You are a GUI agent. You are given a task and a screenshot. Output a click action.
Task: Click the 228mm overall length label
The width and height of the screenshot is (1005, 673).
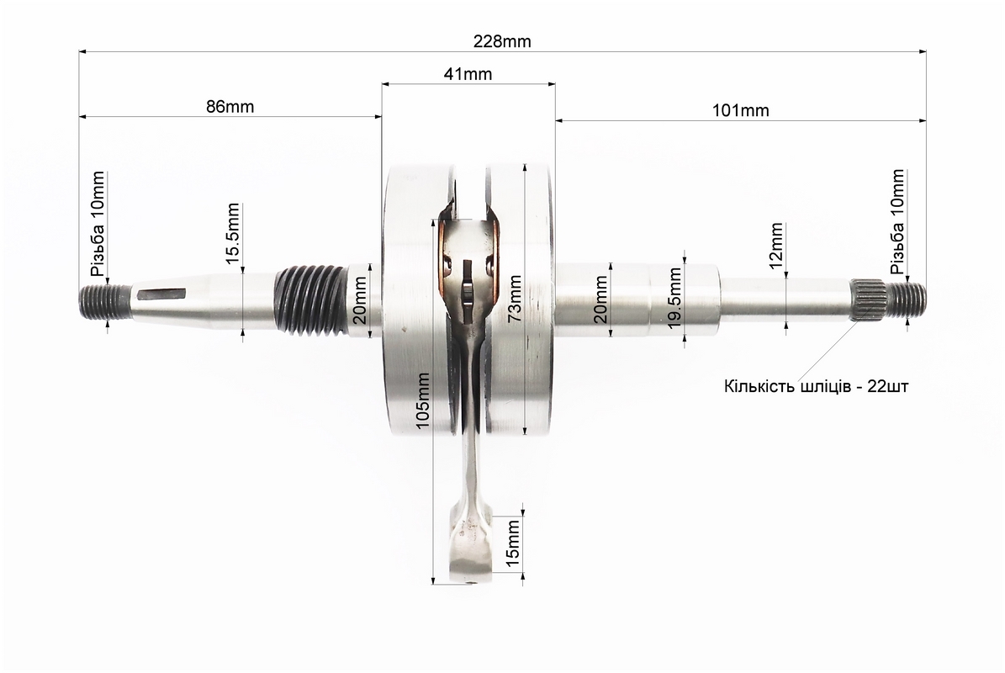tap(502, 42)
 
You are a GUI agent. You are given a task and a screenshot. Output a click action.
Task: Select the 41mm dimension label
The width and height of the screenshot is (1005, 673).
tap(468, 74)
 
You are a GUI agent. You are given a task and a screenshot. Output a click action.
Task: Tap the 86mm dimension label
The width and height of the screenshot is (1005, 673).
tap(230, 106)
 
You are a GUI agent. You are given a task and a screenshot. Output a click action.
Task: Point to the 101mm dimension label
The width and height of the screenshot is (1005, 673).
tap(740, 110)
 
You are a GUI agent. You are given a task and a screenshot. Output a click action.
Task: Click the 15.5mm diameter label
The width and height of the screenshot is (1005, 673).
tap(233, 233)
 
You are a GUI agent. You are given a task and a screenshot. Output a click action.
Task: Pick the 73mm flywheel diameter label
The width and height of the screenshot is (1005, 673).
tap(514, 298)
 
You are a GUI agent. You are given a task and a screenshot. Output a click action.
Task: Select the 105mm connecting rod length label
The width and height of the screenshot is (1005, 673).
tap(422, 400)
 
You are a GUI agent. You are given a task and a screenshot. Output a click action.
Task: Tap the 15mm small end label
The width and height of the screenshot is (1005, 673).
tap(513, 543)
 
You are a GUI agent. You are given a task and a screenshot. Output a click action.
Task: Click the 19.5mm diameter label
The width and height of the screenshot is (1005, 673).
tap(674, 298)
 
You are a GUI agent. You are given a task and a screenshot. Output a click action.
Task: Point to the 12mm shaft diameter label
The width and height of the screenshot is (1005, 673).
tap(776, 246)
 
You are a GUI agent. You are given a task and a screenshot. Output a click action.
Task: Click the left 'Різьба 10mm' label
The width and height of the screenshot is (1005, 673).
tap(98, 224)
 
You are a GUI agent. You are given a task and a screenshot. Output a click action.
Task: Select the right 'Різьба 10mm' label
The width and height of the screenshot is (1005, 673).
tap(897, 222)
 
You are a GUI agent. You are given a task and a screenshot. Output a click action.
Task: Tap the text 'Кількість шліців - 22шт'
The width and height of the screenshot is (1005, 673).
tap(816, 386)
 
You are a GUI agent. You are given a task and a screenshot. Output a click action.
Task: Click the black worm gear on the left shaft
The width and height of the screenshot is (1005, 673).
tap(309, 300)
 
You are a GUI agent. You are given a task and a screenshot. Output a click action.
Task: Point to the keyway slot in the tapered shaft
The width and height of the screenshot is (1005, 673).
tap(161, 294)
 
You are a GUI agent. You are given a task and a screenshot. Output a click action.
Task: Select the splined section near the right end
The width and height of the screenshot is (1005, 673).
tap(869, 299)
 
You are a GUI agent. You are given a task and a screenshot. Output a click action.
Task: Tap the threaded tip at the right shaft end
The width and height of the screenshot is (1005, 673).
tap(907, 300)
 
